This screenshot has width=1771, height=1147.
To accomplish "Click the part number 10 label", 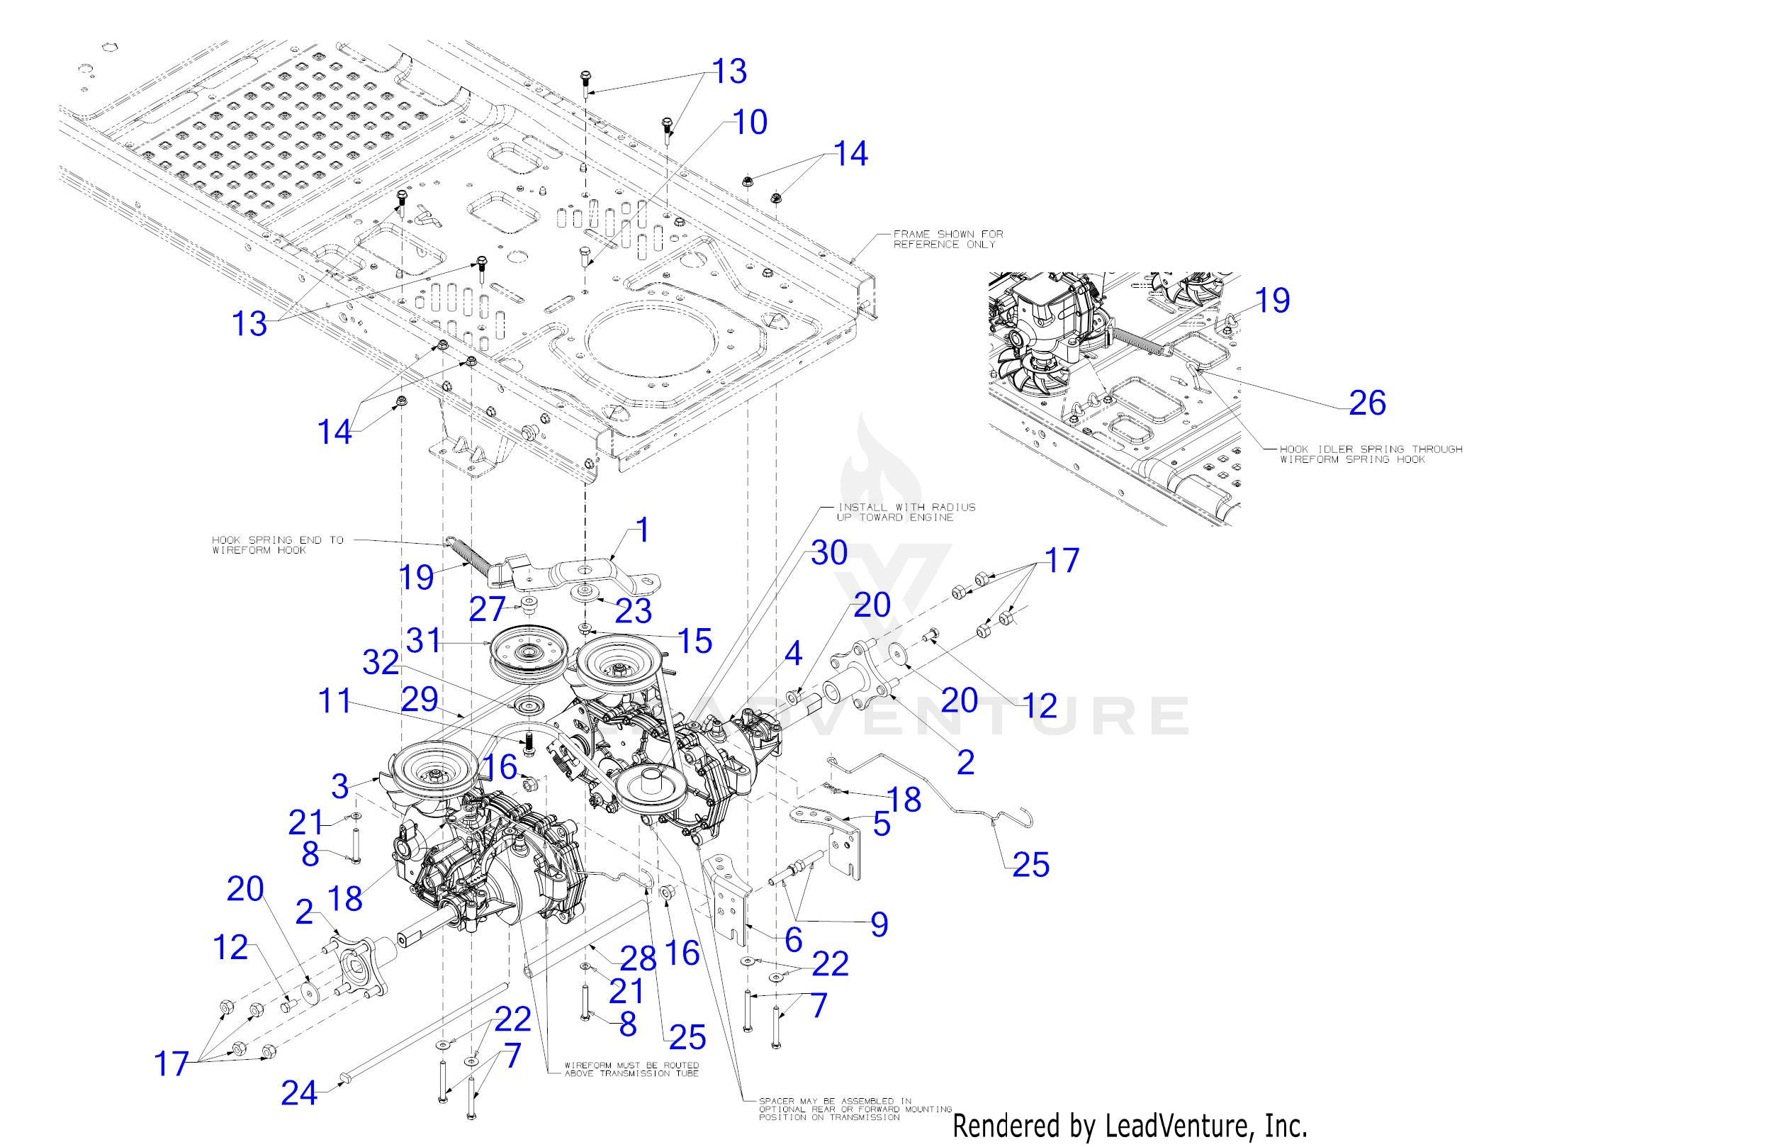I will click(750, 122).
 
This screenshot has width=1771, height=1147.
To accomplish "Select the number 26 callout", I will click(1367, 403).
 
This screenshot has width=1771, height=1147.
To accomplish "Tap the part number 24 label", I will click(299, 1092).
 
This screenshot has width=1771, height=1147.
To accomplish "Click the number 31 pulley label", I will click(424, 640).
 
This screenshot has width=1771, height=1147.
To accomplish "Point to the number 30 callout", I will click(829, 553).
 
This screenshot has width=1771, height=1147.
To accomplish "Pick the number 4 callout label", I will click(793, 654).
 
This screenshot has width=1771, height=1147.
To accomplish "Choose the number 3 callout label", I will click(340, 786).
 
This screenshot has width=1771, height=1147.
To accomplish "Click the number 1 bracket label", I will click(642, 531).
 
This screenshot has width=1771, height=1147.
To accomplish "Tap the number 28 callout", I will click(639, 958).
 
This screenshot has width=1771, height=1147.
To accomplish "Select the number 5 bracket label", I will click(882, 824).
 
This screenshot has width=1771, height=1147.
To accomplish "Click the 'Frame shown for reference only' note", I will click(948, 239).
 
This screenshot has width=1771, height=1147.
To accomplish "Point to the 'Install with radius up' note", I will click(906, 512).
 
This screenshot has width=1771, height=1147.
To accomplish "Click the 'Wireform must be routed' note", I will click(631, 1069).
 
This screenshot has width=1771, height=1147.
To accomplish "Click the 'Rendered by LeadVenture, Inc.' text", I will click(1130, 1126).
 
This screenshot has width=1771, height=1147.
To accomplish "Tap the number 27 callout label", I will click(488, 609).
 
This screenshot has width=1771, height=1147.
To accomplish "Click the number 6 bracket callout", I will click(793, 939).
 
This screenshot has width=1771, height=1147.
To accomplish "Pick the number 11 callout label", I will click(334, 700).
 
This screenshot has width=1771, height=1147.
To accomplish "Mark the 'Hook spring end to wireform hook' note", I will click(278, 545).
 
